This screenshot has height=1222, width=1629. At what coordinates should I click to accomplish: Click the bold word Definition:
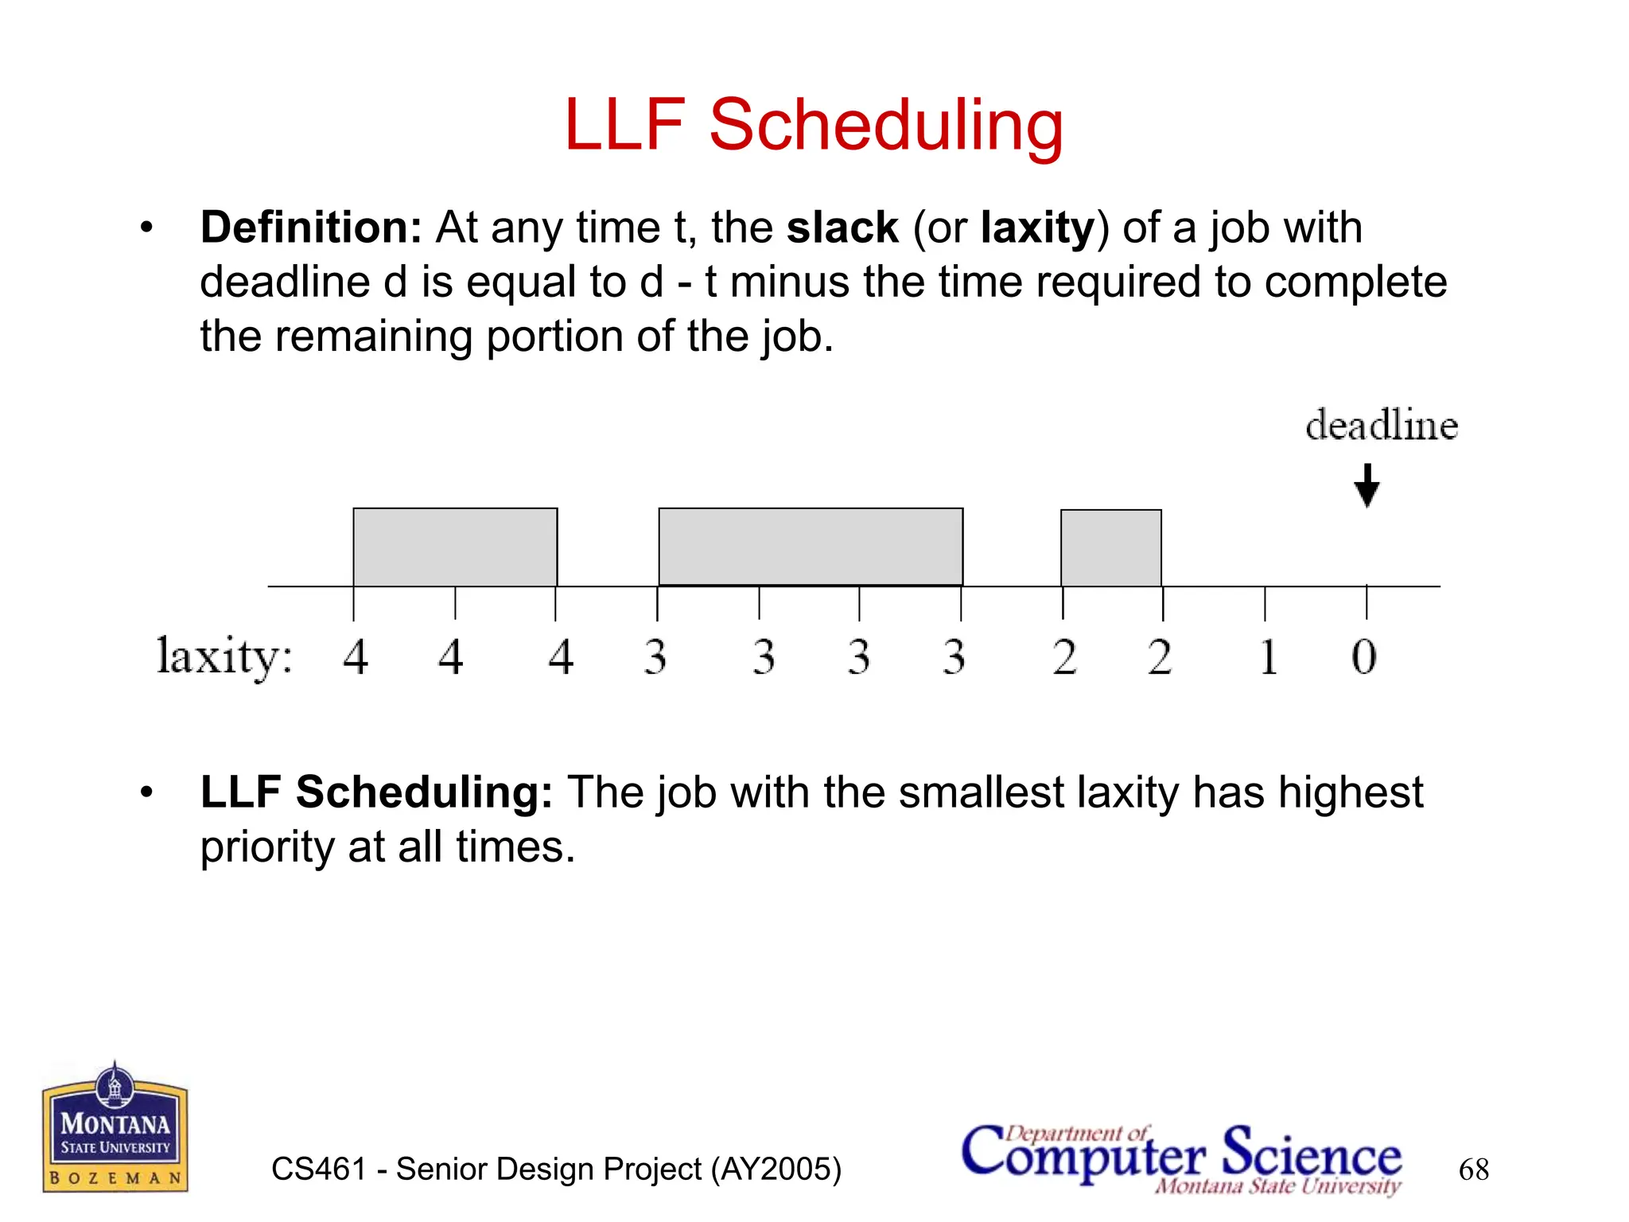pyautogui.click(x=311, y=228)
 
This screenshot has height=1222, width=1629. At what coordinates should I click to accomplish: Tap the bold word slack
pyautogui.click(x=842, y=228)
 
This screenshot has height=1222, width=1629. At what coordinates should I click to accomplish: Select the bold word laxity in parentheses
pyautogui.click(x=1037, y=229)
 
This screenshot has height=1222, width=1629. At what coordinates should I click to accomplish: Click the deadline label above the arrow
pyautogui.click(x=1382, y=425)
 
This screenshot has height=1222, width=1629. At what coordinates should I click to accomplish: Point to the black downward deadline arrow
pyautogui.click(x=1367, y=485)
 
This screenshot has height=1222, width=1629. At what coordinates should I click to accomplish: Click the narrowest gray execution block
pyautogui.click(x=1111, y=547)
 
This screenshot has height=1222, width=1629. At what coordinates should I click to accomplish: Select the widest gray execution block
pyautogui.click(x=811, y=547)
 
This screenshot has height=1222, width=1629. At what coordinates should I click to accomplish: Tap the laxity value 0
pyautogui.click(x=1363, y=657)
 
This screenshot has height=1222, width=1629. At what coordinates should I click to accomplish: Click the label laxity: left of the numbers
pyautogui.click(x=224, y=657)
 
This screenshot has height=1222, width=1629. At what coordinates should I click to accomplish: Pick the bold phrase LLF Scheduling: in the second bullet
pyautogui.click(x=376, y=792)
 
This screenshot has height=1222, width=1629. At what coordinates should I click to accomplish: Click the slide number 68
pyautogui.click(x=1473, y=1169)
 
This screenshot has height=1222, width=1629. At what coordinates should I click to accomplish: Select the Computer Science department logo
pyautogui.click(x=1182, y=1158)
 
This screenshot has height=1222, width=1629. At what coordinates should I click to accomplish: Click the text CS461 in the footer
pyautogui.click(x=319, y=1169)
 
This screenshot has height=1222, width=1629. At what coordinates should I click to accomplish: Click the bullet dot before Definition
pyautogui.click(x=146, y=228)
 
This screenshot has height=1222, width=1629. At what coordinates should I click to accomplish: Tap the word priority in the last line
pyautogui.click(x=267, y=846)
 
